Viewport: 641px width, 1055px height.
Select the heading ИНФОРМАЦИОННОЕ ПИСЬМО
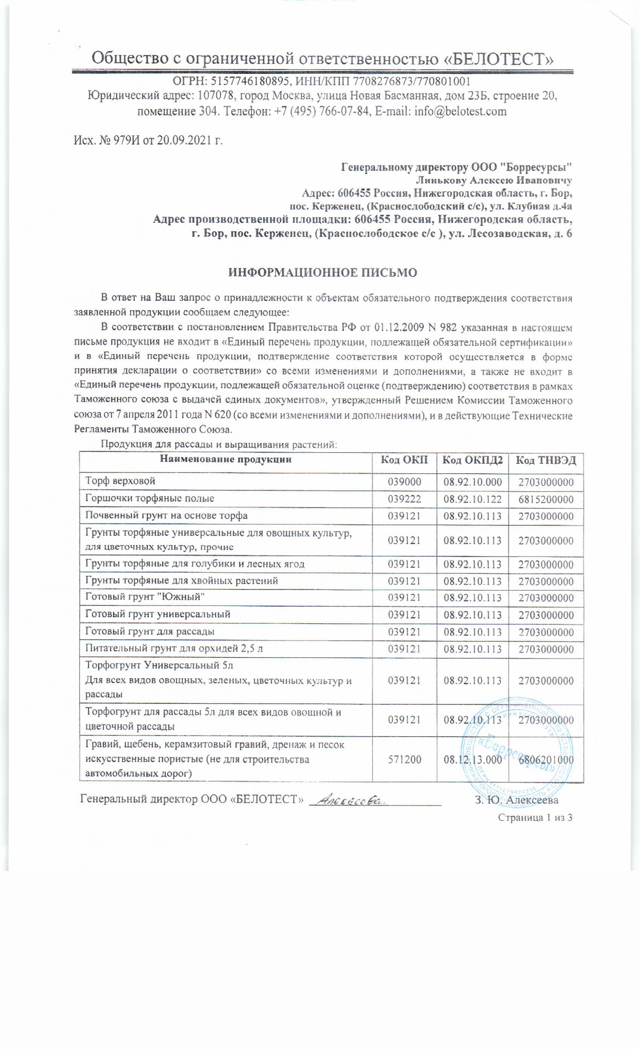point(323,273)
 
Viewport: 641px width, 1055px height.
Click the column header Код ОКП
point(404,460)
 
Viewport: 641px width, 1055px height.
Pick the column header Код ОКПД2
point(472,460)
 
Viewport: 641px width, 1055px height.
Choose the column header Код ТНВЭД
point(546,460)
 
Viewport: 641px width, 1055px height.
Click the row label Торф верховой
point(120,481)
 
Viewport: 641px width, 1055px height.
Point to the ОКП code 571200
point(404,760)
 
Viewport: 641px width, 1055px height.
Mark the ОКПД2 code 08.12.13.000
point(472,760)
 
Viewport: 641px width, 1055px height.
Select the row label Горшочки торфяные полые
point(150,498)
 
